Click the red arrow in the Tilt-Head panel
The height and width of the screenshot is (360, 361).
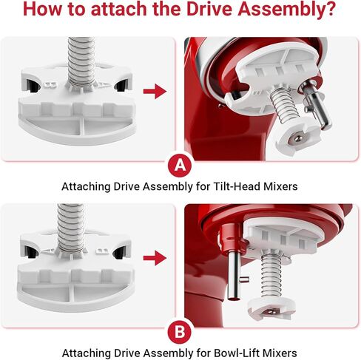(x=154, y=91)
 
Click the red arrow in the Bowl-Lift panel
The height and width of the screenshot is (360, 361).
(x=154, y=258)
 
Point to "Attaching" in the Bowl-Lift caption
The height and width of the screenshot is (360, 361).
(x=87, y=353)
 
